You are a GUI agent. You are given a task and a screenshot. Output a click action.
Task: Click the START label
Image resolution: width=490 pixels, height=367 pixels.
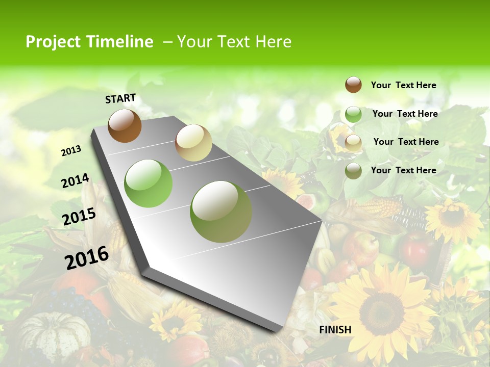120,98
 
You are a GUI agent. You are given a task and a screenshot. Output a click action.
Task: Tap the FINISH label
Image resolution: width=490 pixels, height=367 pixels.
335,330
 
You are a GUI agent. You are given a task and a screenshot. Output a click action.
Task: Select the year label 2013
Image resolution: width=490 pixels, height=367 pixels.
71,151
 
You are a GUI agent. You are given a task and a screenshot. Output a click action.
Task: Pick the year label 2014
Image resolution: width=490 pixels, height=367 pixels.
75,180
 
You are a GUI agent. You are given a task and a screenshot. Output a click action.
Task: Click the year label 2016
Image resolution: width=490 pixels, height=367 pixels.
87,258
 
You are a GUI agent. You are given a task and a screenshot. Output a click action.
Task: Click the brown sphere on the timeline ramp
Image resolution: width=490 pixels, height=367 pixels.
125,125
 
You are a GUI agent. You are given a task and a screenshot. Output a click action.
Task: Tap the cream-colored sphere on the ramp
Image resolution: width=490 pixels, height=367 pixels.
193,143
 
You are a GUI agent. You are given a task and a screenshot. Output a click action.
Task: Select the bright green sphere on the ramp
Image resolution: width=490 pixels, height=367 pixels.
149,183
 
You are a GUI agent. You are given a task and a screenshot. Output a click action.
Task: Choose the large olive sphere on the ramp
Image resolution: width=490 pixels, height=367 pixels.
221,212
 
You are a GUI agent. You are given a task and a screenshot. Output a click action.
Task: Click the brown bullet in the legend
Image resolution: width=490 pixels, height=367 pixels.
353,85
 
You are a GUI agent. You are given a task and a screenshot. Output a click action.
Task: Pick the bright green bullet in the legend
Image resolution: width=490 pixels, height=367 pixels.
353,114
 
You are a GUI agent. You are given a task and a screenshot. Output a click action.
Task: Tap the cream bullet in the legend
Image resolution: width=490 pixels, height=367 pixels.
353,143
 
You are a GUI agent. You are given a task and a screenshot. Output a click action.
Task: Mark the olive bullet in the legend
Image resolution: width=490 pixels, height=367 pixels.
353,171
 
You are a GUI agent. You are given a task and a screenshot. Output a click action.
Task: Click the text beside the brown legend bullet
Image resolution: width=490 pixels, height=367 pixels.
404,85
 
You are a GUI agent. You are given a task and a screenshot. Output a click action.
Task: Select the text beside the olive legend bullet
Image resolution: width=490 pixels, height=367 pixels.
404,170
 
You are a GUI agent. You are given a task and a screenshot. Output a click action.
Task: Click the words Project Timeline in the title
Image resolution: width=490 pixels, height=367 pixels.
89,42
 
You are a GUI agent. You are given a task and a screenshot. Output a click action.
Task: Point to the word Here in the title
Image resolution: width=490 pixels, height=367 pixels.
273,42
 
